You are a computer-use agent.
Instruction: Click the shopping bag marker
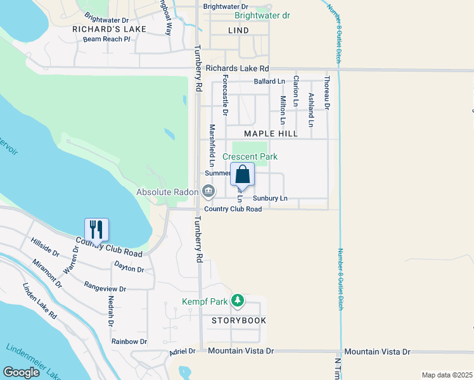click(x=243, y=175)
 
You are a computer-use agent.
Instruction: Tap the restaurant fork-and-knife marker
click(x=97, y=229)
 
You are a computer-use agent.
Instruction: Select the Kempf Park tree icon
click(x=238, y=300)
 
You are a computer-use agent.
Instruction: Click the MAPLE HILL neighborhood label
click(x=271, y=134)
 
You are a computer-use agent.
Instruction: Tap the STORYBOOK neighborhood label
click(x=239, y=320)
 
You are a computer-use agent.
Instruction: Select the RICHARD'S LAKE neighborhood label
click(x=109, y=29)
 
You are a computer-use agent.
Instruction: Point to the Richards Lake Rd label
click(x=238, y=68)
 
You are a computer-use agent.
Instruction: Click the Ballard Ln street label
click(x=269, y=82)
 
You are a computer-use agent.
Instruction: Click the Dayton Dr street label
click(x=129, y=269)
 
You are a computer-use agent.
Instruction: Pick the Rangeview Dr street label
click(x=105, y=287)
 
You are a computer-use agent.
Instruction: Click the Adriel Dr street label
click(x=183, y=351)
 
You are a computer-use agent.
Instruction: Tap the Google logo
click(x=22, y=372)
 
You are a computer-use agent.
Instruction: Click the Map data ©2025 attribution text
click(x=447, y=375)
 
